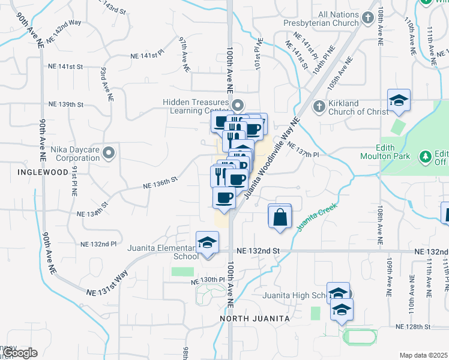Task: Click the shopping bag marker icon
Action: [x=280, y=217]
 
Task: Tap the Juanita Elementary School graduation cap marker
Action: [x=207, y=243]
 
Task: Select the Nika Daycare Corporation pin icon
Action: [x=109, y=153]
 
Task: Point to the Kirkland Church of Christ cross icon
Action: [x=319, y=107]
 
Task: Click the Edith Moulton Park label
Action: [x=394, y=152]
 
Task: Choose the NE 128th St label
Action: [x=413, y=326]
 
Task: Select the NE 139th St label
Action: [x=67, y=104]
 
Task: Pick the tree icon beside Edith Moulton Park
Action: [x=426, y=157]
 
